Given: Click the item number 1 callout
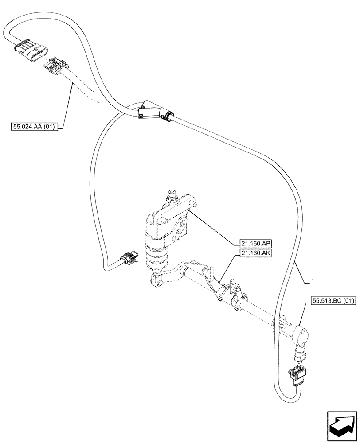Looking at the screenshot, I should [313, 281].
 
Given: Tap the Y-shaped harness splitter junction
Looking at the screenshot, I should [151, 111].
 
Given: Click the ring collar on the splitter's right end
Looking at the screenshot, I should [168, 117].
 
